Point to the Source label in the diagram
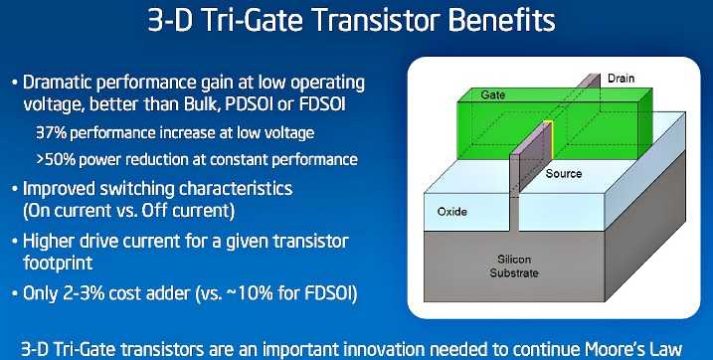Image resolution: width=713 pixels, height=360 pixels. click(x=564, y=173)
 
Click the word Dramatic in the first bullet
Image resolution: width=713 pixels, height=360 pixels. click(x=63, y=80)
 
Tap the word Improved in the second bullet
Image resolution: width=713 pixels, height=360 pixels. click(x=65, y=187)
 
